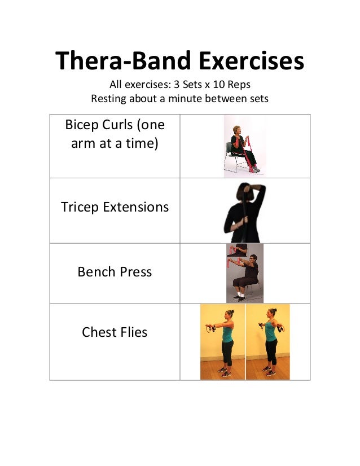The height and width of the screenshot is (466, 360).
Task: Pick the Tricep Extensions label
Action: [115, 207]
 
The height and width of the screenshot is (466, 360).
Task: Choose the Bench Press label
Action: [115, 272]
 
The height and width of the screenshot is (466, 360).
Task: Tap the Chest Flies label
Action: [115, 332]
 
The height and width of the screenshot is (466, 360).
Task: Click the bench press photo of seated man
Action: [245, 273]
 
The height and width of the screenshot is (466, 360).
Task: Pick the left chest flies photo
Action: [222, 342]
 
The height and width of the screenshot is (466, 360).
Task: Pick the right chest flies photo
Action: [267, 342]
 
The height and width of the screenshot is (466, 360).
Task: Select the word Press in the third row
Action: [135, 272]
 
